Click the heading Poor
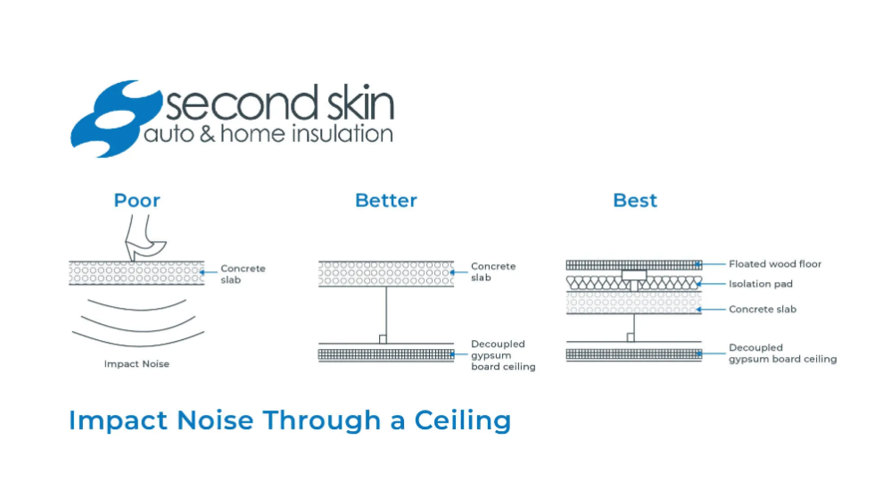coord(137,201)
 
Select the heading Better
coord(386,201)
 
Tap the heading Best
coord(635,201)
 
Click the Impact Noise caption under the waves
coord(136,364)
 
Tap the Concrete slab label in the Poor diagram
coord(243,274)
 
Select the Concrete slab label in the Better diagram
coord(493,271)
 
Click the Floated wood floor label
coord(775,264)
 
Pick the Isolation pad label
coord(760,284)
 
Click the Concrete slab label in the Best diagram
coord(763,309)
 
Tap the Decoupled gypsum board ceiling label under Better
coord(503,355)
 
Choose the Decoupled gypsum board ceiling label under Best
coord(782,353)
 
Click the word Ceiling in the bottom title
coord(463,420)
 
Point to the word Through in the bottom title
coord(322,420)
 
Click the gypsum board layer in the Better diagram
coord(386,354)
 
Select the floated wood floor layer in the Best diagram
coord(634,265)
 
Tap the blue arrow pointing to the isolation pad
coord(710,284)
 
